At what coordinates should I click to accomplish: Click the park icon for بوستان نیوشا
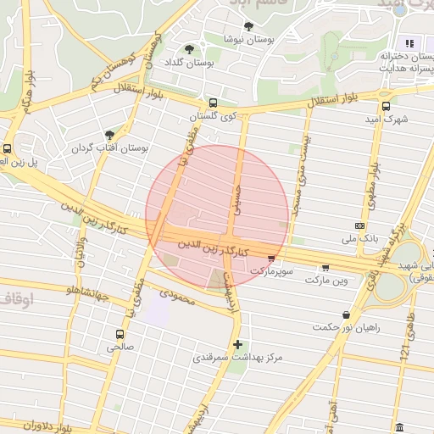coord(248,26)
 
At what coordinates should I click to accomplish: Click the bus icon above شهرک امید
coord(387,107)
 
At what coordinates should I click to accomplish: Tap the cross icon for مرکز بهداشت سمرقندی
coord(238,344)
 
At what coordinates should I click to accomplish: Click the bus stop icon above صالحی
coord(120,334)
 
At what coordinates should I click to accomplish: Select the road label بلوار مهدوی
coord(371,183)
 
